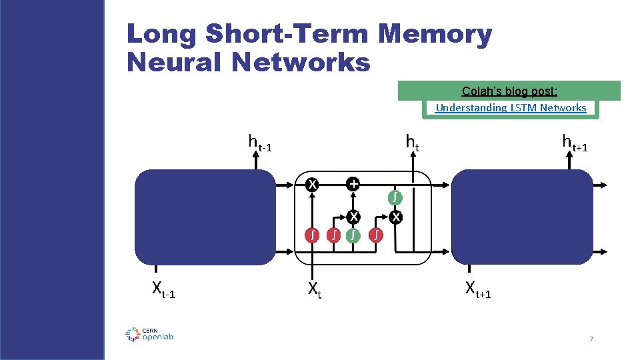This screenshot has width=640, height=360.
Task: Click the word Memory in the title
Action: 437,35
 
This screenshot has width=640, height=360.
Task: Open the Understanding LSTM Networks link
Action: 511,107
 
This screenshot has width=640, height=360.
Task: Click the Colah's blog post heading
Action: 509,91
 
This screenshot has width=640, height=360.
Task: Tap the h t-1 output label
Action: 260,142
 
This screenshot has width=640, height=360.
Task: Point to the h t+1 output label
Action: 574,142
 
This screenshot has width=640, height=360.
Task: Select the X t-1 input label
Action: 164,289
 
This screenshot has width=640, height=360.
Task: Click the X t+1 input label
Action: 478,289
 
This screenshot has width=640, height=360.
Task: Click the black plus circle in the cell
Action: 353,184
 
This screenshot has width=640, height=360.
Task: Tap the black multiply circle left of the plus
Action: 311,184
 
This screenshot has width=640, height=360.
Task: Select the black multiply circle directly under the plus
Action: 353,217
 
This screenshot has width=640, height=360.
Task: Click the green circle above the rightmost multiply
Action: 395,197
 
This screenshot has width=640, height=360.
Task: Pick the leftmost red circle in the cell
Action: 311,235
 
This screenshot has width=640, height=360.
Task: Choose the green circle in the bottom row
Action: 353,235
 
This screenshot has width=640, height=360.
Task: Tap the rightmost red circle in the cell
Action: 377,235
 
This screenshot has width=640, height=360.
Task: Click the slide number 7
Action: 591,340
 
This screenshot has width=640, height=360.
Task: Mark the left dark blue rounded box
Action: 205,217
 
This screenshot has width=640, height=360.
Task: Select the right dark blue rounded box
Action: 522,217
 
